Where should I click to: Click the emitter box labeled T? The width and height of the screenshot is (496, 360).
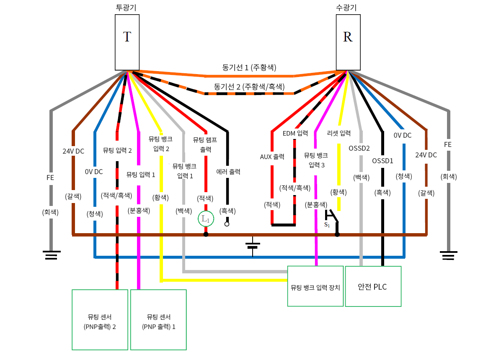point(127,42)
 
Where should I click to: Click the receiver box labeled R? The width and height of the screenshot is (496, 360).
point(348,42)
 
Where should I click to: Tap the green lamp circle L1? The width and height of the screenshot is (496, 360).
point(206,219)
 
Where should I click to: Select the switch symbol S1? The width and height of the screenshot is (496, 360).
point(332,217)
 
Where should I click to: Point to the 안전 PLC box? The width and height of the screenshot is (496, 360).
point(373,286)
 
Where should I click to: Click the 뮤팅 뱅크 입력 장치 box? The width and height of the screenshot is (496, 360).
point(315,286)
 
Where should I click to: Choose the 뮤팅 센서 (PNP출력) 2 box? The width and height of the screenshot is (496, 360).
point(100,319)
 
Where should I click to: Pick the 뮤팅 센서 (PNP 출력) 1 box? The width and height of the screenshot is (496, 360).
point(158,319)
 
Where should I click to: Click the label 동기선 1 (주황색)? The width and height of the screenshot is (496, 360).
point(249,67)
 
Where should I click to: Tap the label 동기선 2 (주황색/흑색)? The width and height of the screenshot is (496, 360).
point(249,87)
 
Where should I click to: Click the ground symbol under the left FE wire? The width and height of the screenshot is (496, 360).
point(51,254)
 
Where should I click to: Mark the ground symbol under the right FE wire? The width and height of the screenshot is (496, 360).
point(448,255)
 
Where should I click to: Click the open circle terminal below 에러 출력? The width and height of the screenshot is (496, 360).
point(227,224)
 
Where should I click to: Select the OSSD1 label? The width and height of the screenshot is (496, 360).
point(382,160)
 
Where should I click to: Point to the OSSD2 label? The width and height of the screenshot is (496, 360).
point(359,148)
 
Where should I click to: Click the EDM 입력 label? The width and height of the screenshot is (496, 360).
point(295,134)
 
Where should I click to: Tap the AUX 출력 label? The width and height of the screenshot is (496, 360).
point(272,157)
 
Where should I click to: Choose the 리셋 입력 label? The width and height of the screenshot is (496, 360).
point(338,134)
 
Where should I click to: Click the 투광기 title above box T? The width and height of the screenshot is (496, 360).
point(127,8)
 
